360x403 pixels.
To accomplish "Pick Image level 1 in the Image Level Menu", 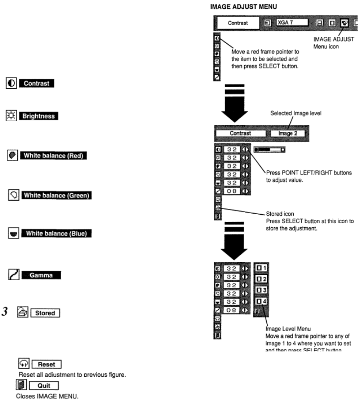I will coord(261,268).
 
